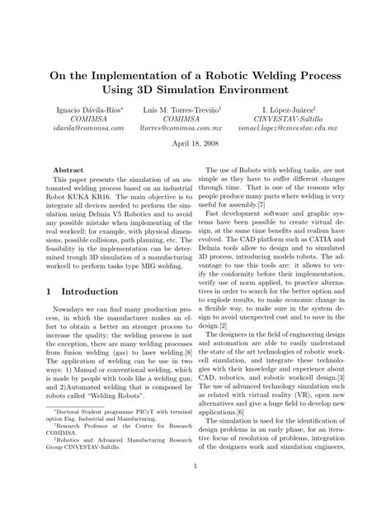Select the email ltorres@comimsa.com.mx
click(x=195, y=129)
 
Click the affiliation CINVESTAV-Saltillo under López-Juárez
click(x=300, y=118)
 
